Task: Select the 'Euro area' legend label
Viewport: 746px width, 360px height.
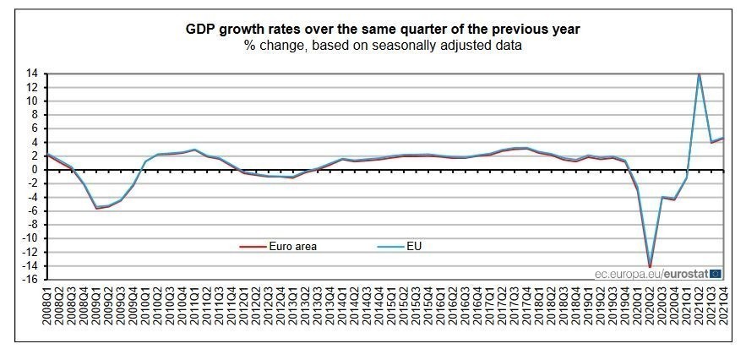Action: [x=292, y=247]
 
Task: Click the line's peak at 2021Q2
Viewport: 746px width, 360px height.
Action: [x=699, y=74]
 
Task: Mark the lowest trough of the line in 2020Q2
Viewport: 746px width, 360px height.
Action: [x=650, y=266]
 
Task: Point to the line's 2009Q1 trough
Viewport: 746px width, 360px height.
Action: [x=97, y=208]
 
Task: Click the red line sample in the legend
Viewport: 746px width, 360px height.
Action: [x=252, y=247]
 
